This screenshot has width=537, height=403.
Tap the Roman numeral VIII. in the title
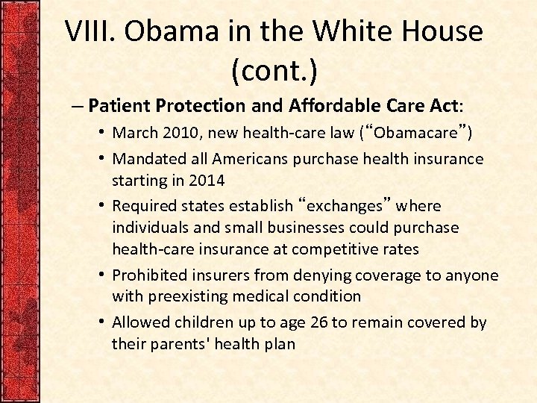[91, 31]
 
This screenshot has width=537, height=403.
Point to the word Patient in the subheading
[124, 106]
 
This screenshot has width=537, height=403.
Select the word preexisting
[188, 296]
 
